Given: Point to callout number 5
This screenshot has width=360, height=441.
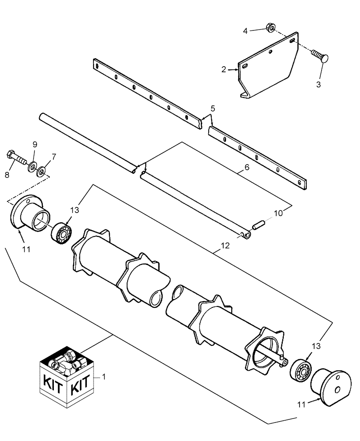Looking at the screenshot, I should [212, 108].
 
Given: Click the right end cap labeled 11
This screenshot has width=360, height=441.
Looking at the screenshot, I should [330, 387].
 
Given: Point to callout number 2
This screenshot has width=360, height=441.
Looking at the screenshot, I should [224, 69].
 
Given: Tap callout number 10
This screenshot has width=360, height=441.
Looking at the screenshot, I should [278, 213].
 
